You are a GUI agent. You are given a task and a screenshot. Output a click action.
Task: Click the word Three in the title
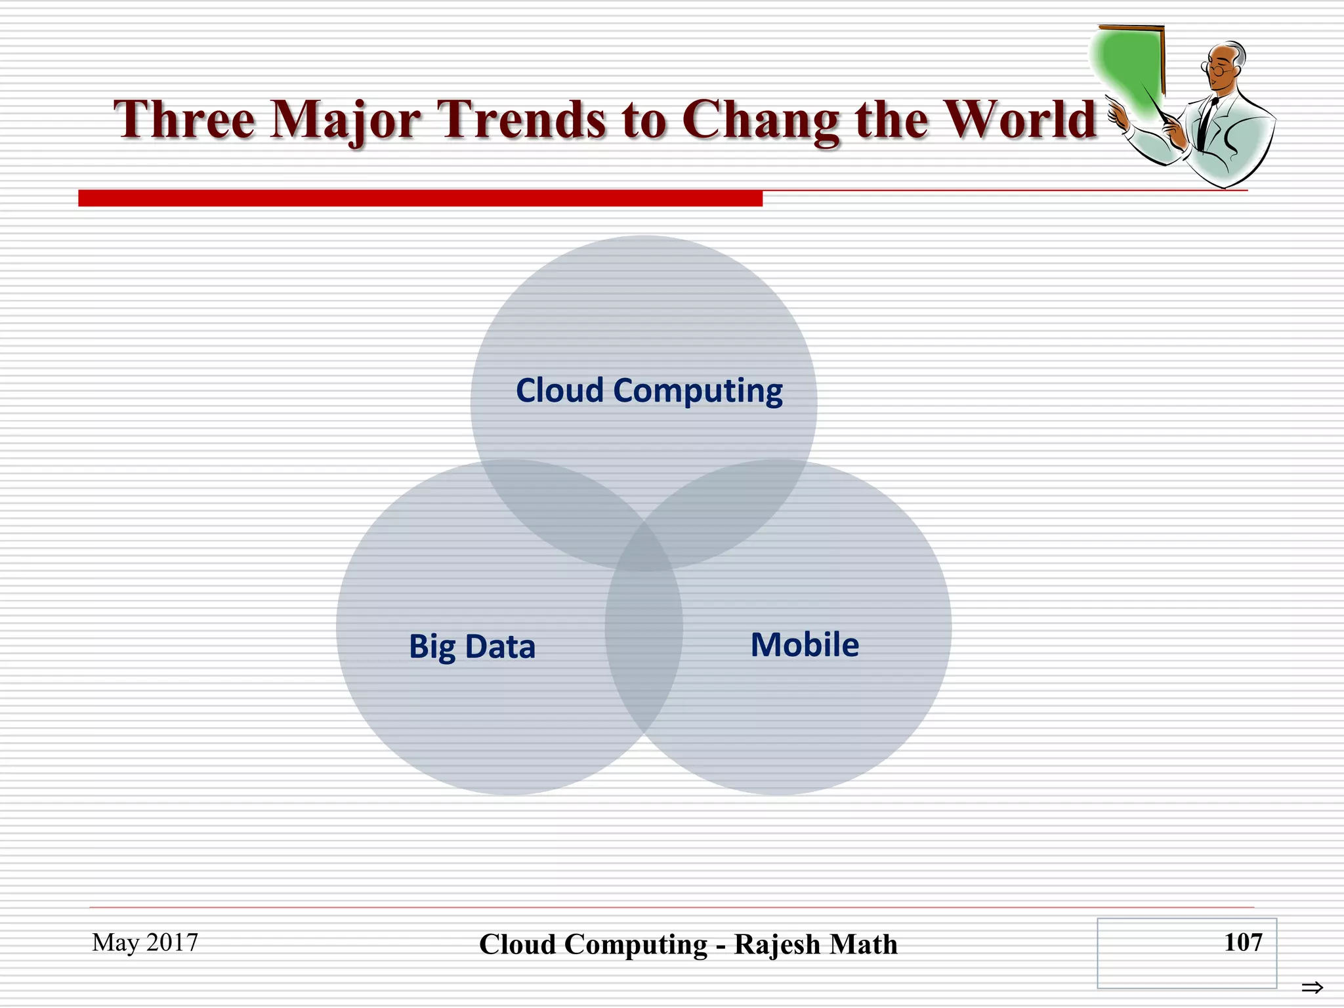pos(184,119)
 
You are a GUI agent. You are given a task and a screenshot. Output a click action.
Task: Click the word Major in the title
pos(345,121)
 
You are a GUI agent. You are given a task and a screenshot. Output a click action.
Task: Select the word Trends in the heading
pos(522,119)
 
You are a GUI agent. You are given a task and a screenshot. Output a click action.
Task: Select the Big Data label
pos(472,646)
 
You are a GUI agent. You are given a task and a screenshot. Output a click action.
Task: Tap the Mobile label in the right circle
pos(805,644)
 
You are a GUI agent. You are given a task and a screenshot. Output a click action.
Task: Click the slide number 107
pos(1242,942)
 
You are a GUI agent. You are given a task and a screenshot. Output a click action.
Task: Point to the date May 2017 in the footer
pos(145,942)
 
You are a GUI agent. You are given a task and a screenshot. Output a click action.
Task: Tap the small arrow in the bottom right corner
pos(1312,987)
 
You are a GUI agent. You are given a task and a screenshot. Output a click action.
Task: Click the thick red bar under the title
pos(420,198)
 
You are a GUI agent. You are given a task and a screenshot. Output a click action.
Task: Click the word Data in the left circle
pos(500,646)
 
